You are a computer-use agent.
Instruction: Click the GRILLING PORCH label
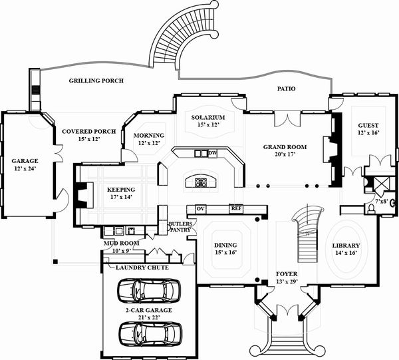pos(96,81)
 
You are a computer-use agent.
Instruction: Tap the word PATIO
pos(287,89)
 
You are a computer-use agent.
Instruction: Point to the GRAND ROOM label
pos(284,146)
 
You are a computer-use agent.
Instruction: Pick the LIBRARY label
pos(345,246)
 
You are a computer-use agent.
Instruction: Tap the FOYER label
pos(287,273)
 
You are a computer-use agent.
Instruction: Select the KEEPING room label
pos(121,189)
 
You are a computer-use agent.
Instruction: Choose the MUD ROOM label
pos(121,244)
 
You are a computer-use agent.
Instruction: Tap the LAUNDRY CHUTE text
pos(142,268)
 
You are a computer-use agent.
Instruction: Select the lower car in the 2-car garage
pos(150,332)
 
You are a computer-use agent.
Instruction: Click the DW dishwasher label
pos(213,154)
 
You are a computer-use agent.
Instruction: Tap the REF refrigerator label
pos(236,208)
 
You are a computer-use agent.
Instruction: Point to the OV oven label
pos(199,208)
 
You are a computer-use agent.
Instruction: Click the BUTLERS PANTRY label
pos(180,226)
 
